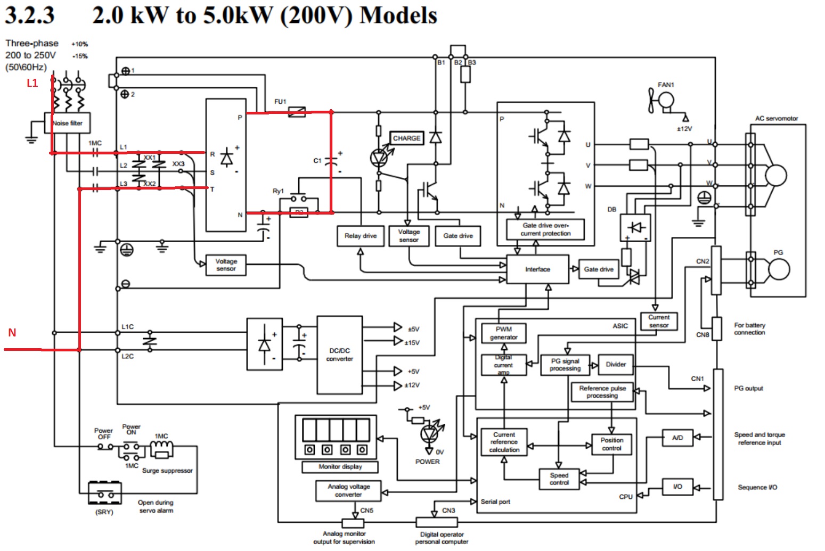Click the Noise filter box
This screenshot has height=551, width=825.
[x=67, y=123]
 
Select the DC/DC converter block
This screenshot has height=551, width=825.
[x=339, y=355]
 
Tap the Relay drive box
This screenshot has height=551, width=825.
[x=361, y=236]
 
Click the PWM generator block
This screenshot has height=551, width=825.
[x=503, y=333]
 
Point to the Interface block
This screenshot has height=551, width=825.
[x=537, y=269]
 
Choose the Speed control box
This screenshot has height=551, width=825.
[x=559, y=479]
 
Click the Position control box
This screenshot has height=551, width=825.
[x=611, y=444]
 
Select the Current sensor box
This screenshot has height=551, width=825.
[x=658, y=321]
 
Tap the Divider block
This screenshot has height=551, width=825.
[x=616, y=365]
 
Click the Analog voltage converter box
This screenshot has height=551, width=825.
[x=348, y=490]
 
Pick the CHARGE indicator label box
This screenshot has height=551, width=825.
[x=406, y=138]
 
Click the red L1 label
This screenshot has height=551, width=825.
[x=32, y=83]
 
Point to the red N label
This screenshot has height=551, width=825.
[x=12, y=333]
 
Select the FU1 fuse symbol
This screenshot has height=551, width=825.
[x=297, y=112]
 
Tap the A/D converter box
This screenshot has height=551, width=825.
[x=677, y=438]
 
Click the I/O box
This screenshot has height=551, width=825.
[x=677, y=487]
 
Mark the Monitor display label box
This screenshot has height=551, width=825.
[x=340, y=467]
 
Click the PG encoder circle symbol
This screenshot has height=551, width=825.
[x=778, y=269]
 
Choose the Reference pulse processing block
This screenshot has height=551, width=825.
[x=602, y=392]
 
